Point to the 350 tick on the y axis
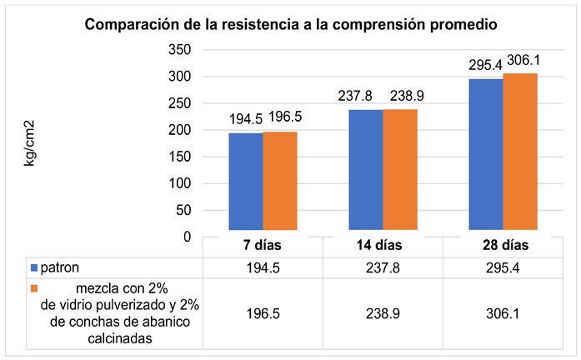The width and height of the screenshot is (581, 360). point(181,50)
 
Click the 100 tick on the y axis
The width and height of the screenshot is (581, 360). point(181,183)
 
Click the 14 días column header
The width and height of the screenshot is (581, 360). point(383,247)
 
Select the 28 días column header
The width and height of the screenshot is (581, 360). point(503,247)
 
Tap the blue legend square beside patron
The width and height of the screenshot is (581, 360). point(34,267)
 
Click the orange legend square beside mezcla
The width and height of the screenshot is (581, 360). point(34,288)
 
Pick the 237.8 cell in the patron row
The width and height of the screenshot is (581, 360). point(383,267)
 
